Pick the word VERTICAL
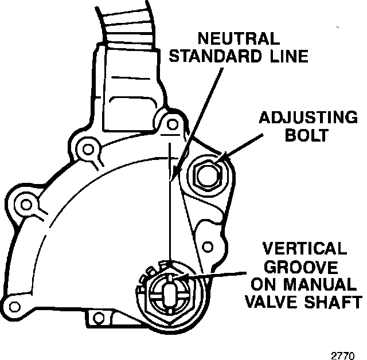coord(304,249)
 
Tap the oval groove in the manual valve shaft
coord(170,289)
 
